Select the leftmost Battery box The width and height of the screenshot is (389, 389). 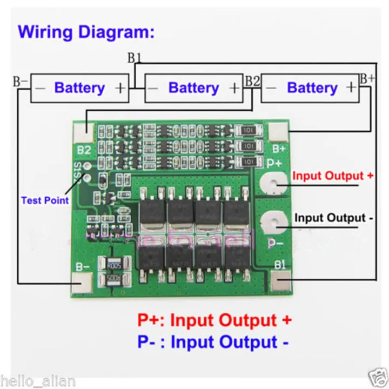coord(79,88)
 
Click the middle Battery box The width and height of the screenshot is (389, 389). coord(193,88)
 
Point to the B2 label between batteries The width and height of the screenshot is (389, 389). coord(252,81)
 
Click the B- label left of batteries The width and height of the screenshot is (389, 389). coord(21,82)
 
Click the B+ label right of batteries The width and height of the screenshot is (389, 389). coord(367,78)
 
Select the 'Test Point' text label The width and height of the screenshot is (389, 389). coord(45,200)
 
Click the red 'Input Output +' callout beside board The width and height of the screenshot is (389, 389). coord(333,176)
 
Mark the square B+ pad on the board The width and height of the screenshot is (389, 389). coord(278,131)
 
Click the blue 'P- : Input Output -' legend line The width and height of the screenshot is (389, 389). coord(214,342)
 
